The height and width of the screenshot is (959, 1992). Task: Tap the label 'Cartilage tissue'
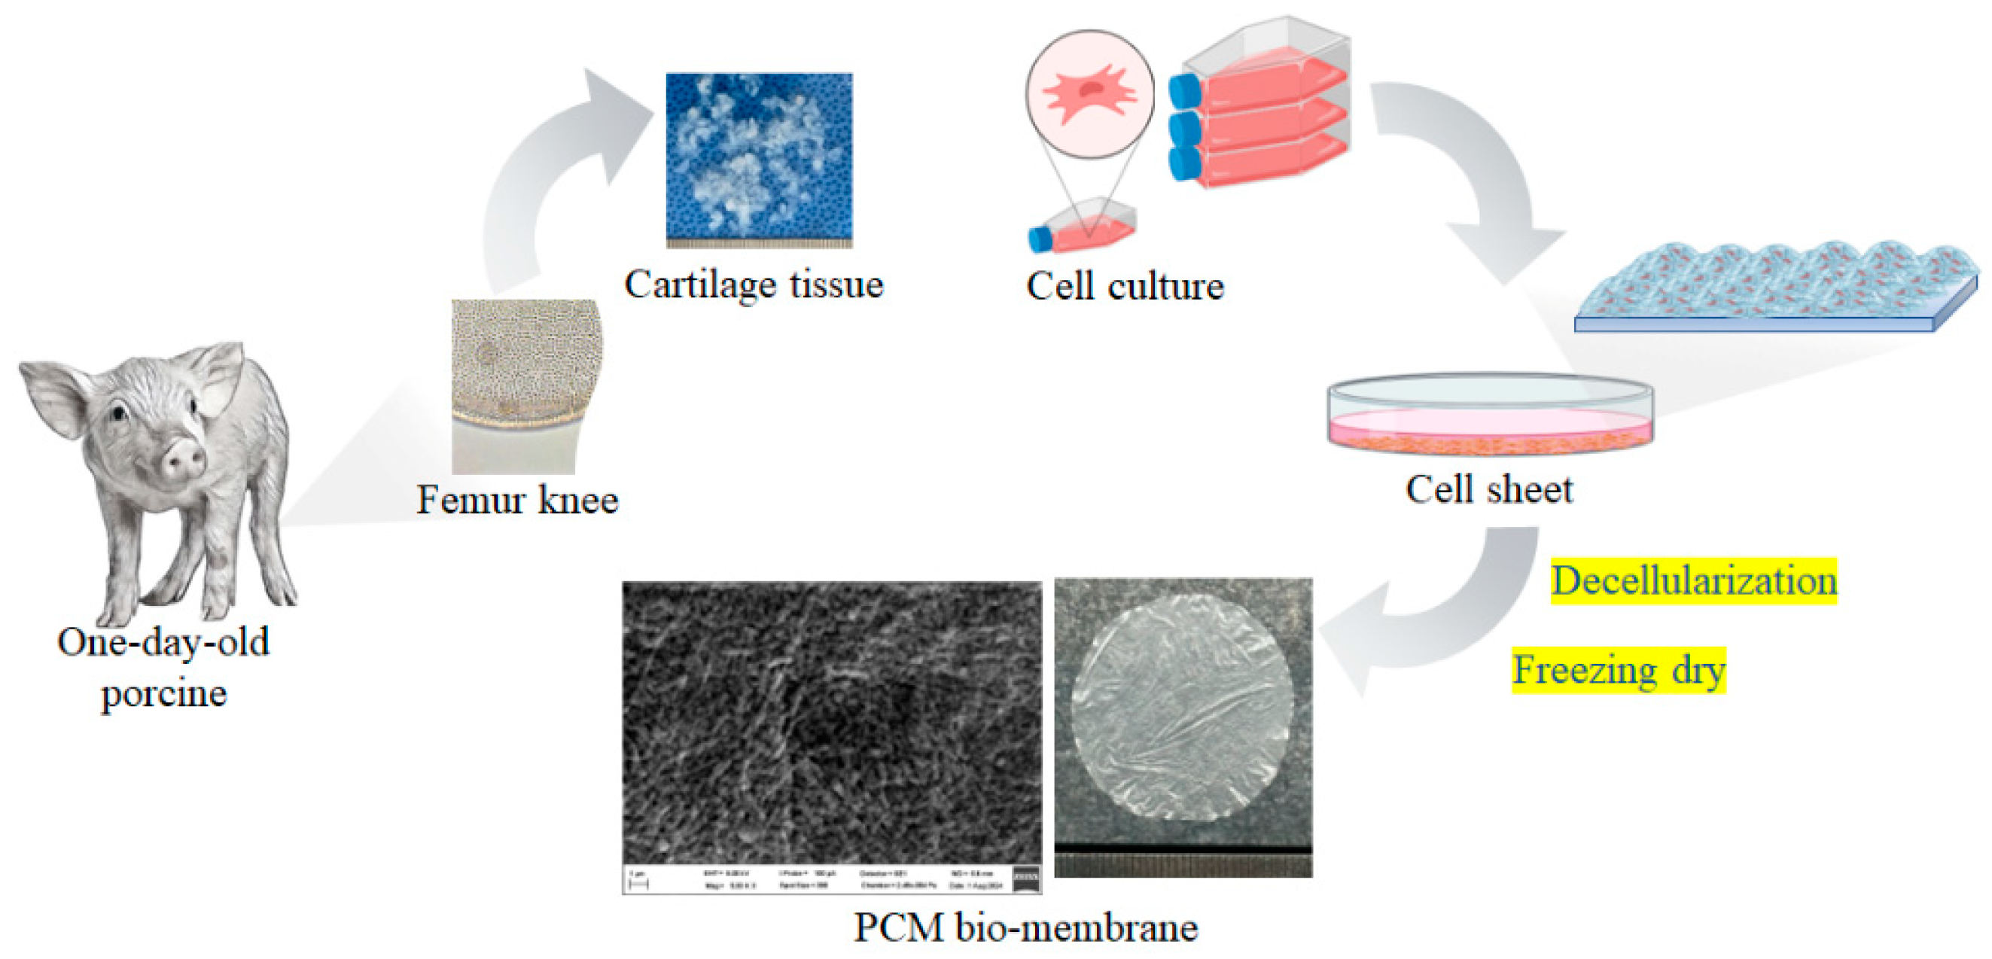click(x=753, y=285)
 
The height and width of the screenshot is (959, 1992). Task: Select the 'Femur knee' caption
click(x=517, y=500)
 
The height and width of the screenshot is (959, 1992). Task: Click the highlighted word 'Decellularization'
click(x=1694, y=581)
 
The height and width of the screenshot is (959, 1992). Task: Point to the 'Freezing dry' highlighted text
click(x=1619, y=670)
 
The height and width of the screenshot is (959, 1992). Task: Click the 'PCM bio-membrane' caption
click(x=1025, y=927)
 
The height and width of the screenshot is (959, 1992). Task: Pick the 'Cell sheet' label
click(x=1488, y=489)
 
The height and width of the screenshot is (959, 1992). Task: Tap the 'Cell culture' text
click(x=1125, y=286)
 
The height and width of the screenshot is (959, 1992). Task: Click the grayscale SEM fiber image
click(x=831, y=723)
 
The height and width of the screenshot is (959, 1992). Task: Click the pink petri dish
click(x=1490, y=418)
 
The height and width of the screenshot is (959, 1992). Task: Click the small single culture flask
click(x=1083, y=227)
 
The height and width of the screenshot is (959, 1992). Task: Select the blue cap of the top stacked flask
click(x=1183, y=90)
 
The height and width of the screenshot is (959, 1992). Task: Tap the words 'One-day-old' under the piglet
click(x=163, y=642)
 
